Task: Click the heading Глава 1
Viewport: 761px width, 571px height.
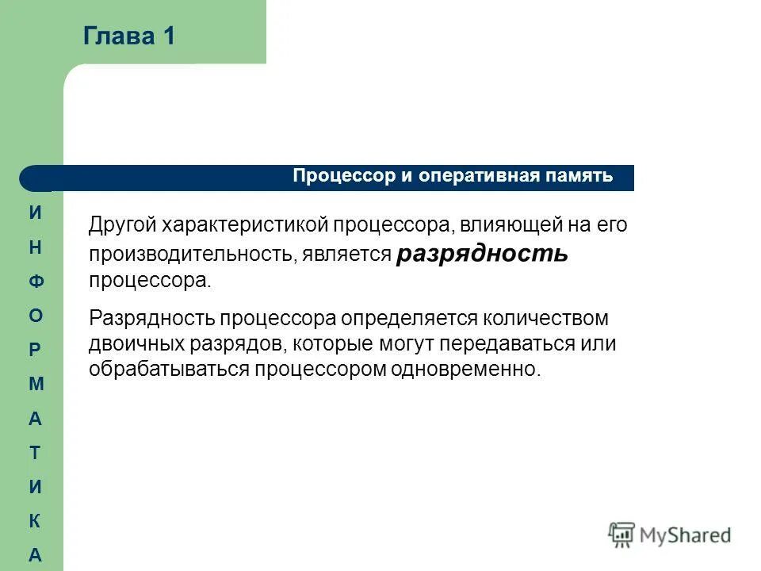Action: click(x=128, y=36)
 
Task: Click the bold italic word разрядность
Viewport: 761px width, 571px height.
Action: click(x=482, y=253)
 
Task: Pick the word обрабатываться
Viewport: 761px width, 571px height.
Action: click(x=169, y=370)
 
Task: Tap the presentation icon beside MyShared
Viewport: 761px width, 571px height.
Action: click(x=621, y=535)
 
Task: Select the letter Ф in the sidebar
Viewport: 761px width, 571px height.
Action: click(x=35, y=282)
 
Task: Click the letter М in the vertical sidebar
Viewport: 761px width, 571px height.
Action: click(x=35, y=384)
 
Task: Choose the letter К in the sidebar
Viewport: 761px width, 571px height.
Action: click(x=35, y=521)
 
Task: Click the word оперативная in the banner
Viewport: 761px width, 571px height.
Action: click(x=469, y=176)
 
